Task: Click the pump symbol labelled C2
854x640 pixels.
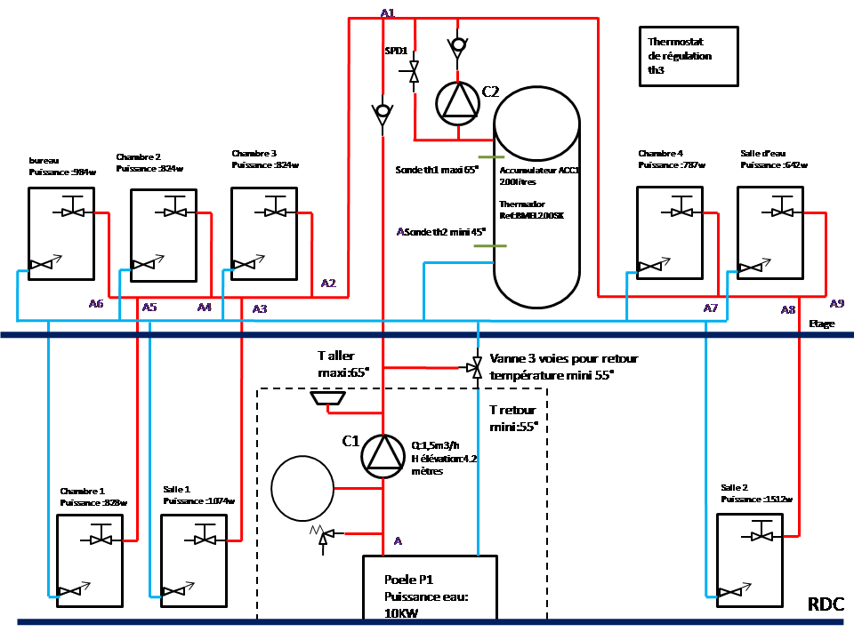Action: [457, 102]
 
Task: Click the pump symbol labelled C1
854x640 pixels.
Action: [383, 454]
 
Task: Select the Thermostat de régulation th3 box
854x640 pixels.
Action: [689, 56]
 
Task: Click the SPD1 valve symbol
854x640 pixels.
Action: [414, 70]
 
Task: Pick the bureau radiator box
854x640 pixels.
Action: [60, 234]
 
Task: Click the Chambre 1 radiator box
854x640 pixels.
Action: [90, 560]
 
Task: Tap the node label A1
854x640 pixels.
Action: [387, 12]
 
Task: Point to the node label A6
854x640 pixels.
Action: [96, 303]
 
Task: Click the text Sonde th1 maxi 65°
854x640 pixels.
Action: [437, 168]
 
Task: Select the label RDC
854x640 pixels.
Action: [826, 605]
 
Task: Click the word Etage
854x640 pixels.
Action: [822, 324]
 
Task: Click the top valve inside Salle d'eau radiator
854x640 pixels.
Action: [783, 212]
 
